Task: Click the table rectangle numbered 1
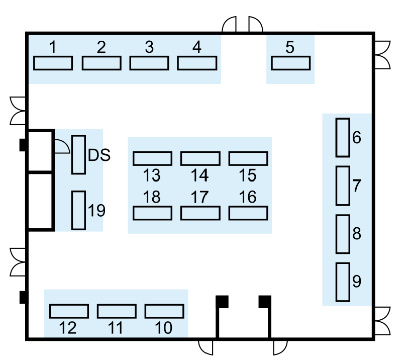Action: tap(53, 63)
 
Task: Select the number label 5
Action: tap(289, 47)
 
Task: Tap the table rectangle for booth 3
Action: tap(149, 63)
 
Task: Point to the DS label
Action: tap(99, 155)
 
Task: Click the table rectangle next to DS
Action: tap(78, 154)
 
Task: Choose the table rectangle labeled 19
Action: tap(78, 210)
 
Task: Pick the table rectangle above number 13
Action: tap(152, 158)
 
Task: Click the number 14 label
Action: tap(199, 175)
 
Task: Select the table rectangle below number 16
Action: tap(248, 213)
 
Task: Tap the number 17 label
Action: tap(199, 197)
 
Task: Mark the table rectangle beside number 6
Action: tap(342, 137)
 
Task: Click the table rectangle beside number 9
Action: tap(342, 282)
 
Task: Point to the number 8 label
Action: tap(357, 233)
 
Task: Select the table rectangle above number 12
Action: tap(69, 311)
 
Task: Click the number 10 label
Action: tap(164, 328)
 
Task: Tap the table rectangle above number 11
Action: tap(116, 311)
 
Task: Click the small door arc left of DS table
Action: tap(61, 146)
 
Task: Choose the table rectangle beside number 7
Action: tap(342, 186)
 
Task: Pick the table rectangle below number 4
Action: tap(197, 63)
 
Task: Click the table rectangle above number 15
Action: tap(248, 158)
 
